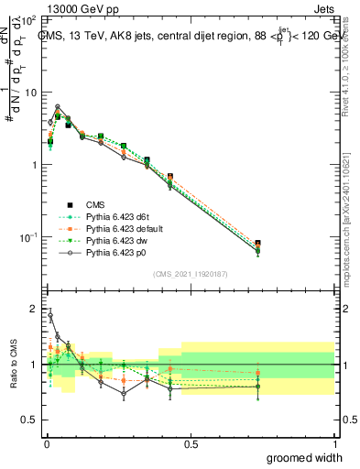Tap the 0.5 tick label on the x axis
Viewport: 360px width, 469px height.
click(x=191, y=443)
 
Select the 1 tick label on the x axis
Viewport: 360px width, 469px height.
click(x=334, y=443)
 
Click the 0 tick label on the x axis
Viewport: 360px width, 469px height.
click(x=46, y=443)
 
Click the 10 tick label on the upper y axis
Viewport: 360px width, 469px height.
click(x=29, y=93)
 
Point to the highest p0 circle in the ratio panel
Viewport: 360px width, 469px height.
click(x=49, y=316)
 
